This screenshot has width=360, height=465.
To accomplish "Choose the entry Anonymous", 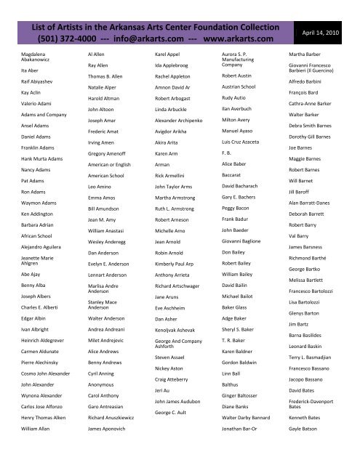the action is [x=100, y=387].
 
